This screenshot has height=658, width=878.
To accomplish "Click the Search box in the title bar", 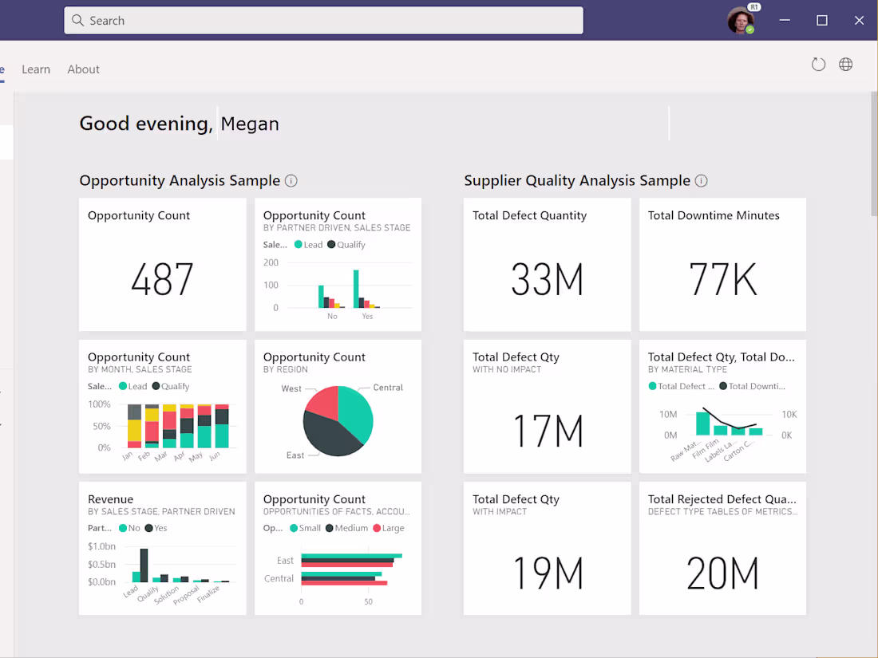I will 323,21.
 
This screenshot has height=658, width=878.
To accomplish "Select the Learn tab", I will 36,69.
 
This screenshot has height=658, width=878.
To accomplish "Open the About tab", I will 83,69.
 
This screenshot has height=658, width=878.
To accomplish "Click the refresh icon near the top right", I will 818,65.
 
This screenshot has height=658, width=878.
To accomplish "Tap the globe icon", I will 845,65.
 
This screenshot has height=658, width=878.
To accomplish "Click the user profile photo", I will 740,21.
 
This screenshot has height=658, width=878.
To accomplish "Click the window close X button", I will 859,21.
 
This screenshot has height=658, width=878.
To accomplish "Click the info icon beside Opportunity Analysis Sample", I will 291,181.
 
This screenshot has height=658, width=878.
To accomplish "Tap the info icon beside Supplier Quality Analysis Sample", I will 701,181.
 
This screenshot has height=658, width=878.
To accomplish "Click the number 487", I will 162,280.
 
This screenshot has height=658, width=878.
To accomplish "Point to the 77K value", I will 722,280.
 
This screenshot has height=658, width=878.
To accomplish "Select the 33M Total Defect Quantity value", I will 547,280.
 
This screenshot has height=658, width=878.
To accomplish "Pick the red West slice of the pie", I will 321,402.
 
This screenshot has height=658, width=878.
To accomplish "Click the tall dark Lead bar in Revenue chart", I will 144,565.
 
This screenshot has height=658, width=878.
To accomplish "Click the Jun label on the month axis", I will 213,457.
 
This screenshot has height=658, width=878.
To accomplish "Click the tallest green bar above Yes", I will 356,288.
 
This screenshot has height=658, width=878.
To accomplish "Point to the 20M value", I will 722,573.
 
